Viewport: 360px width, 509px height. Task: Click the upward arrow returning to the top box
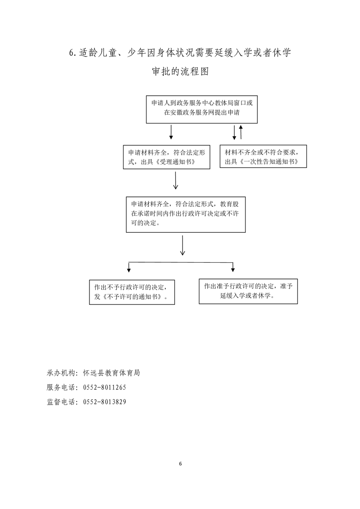tap(241, 132)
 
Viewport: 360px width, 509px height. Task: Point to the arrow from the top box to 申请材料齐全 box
tap(171, 132)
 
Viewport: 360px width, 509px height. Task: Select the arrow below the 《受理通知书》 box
tap(175, 180)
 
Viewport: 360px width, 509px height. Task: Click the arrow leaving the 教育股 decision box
tap(182, 245)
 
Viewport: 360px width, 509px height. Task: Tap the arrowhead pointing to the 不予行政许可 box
tap(129, 270)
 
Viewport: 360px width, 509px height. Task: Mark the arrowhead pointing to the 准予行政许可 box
tap(233, 269)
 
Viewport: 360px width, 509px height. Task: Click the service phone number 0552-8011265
tap(104, 387)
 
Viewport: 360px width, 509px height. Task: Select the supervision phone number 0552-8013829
tap(104, 402)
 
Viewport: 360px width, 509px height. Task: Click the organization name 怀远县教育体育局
tap(111, 373)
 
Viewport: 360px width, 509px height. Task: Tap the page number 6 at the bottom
tap(180, 464)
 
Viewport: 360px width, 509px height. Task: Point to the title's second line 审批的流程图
tap(180, 71)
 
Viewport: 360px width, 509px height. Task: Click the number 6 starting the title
tap(71, 53)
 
